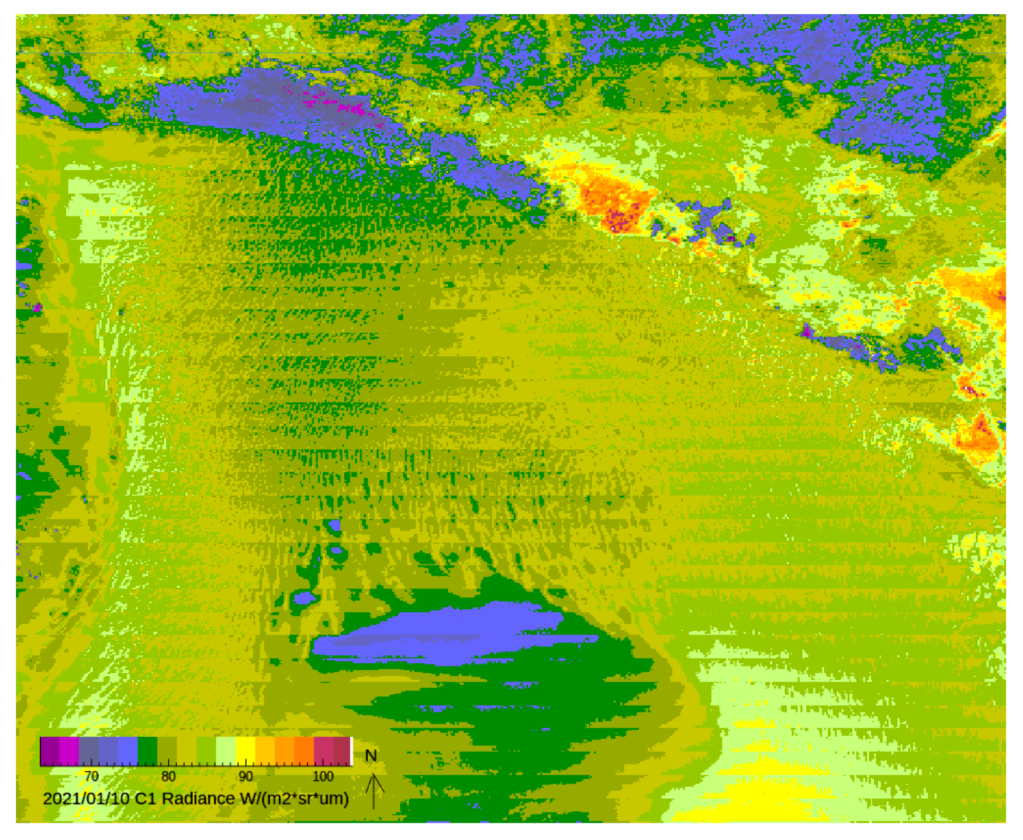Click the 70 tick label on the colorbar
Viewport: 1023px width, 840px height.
pyautogui.click(x=91, y=776)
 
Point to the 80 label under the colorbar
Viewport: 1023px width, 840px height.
pyautogui.click(x=169, y=776)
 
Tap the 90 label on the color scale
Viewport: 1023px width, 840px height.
pyautogui.click(x=246, y=776)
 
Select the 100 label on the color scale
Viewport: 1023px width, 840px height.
pyautogui.click(x=323, y=776)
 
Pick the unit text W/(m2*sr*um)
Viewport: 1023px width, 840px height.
pyautogui.click(x=295, y=799)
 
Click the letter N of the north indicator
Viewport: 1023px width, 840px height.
pyautogui.click(x=371, y=756)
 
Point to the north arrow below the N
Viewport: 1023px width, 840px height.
pyautogui.click(x=374, y=792)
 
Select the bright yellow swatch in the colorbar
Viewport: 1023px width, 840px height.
pyautogui.click(x=245, y=750)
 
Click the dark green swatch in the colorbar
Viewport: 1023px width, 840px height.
pyautogui.click(x=147, y=750)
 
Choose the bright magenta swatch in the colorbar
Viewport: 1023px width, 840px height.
pyautogui.click(x=69, y=750)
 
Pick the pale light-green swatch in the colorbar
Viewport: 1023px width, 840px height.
pyautogui.click(x=226, y=750)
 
